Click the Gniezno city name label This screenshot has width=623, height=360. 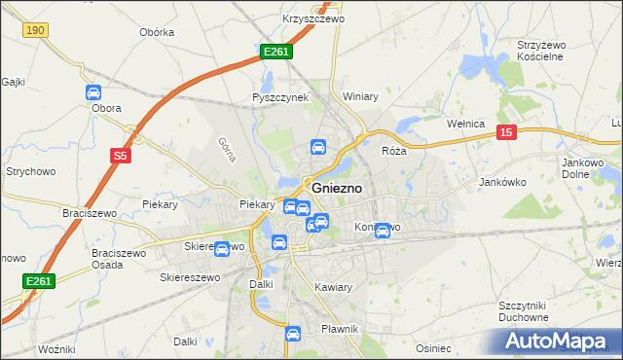pyautogui.click(x=338, y=188)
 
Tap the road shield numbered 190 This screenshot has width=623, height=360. pyautogui.click(x=36, y=31)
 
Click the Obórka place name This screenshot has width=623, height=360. pyautogui.click(x=157, y=32)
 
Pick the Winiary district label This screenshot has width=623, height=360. pyautogui.click(x=360, y=96)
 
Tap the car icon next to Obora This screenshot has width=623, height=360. pyautogui.click(x=93, y=93)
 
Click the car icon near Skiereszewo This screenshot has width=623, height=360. pyautogui.click(x=222, y=249)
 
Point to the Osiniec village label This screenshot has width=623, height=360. pyautogui.click(x=433, y=347)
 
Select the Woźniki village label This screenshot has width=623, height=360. pyautogui.click(x=55, y=348)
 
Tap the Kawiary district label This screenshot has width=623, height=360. pyautogui.click(x=334, y=287)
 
